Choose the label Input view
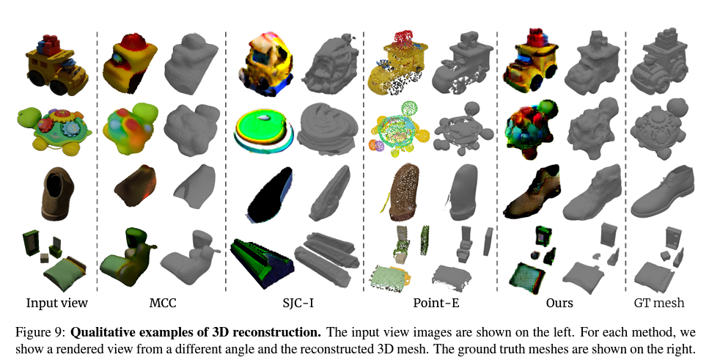(57, 303)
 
